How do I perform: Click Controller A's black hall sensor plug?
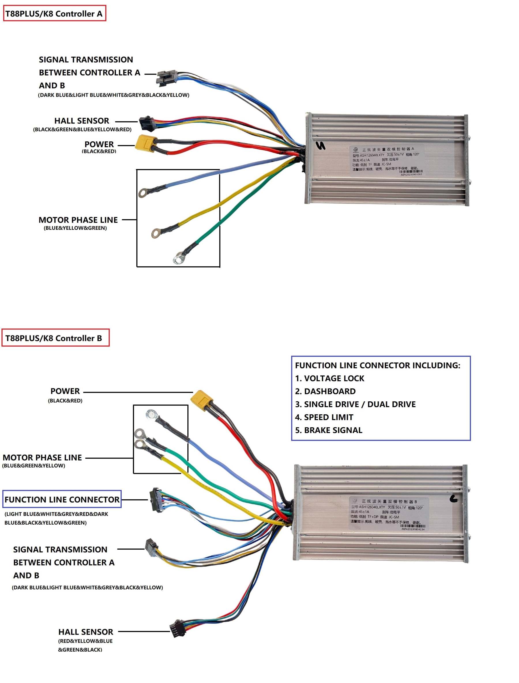[x=146, y=123]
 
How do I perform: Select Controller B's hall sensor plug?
[x=178, y=627]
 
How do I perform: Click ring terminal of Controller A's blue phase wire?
[x=143, y=193]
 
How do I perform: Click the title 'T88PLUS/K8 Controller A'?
[x=54, y=13]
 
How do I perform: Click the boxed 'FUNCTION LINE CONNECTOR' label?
[x=62, y=499]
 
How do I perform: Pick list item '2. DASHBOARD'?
[x=325, y=391]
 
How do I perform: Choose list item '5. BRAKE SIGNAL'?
[x=329, y=430]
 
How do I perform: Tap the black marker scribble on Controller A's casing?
[x=321, y=146]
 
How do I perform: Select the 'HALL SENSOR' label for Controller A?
[x=82, y=121]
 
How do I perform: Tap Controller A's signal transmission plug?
[x=166, y=77]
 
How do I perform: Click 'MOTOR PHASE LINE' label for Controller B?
[x=42, y=458]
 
